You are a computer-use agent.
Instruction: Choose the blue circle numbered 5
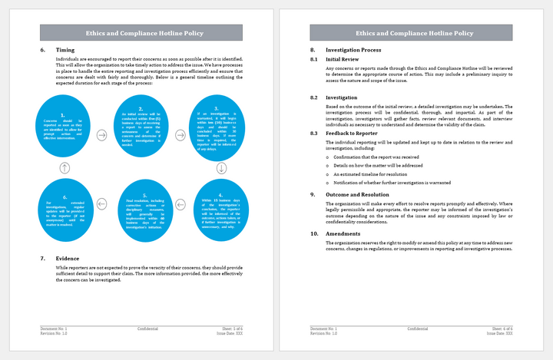140,206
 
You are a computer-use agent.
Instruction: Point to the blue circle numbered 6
65,206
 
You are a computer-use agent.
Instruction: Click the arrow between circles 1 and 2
102,135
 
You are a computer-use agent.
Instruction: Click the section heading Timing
65,50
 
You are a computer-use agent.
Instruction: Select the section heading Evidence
68,258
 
